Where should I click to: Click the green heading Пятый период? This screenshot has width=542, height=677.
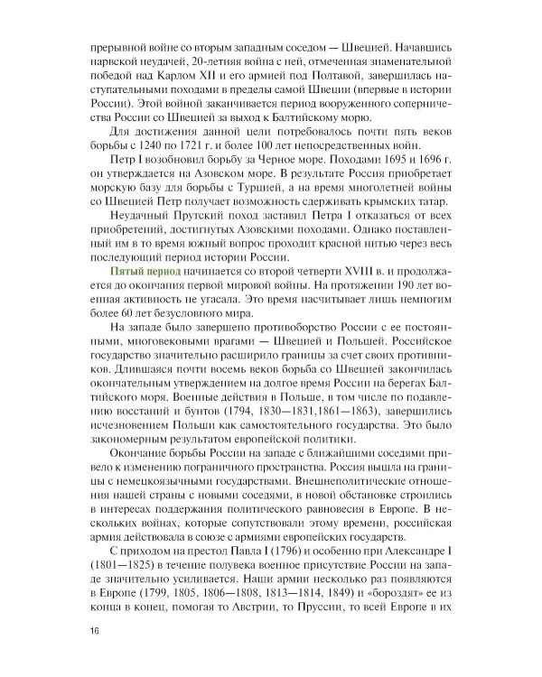(x=145, y=272)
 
